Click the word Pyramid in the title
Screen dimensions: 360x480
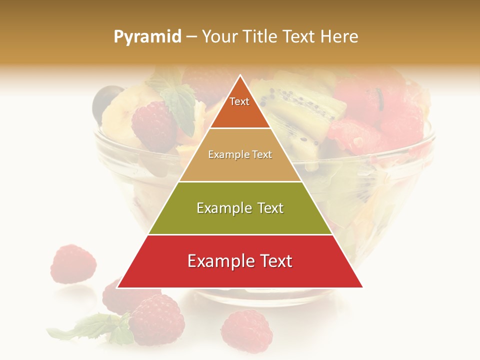147,37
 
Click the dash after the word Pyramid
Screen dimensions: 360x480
191,37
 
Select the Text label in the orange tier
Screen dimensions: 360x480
239,101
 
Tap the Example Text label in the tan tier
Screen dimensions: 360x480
240,154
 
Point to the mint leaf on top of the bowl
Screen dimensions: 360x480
178,102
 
